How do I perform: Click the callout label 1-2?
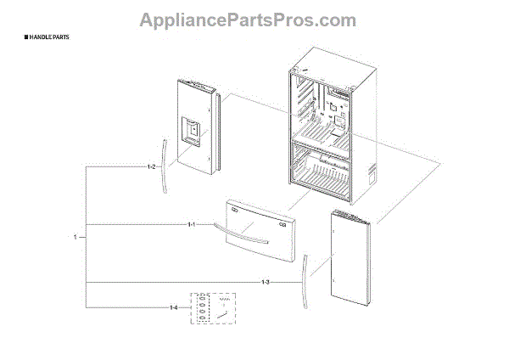coord(151,167)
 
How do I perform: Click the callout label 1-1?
coord(192,224)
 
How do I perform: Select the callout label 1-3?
coord(265,281)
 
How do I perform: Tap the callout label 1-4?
coord(174,307)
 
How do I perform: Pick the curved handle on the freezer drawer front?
coord(240,228)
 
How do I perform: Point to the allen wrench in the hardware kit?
coord(222,314)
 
